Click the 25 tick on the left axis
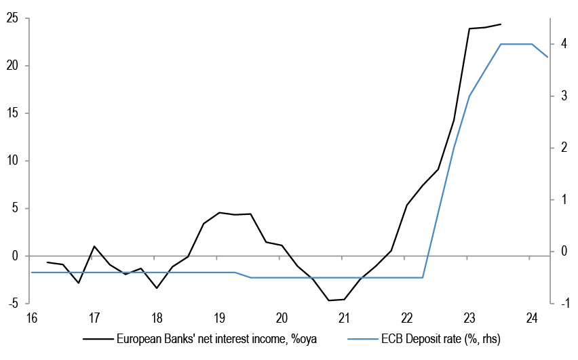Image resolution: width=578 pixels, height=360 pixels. click(x=13, y=18)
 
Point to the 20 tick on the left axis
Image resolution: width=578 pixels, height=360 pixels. click(x=13, y=66)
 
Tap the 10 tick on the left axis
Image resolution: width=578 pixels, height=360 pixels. click(x=13, y=161)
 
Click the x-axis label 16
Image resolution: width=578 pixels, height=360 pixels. click(x=31, y=317)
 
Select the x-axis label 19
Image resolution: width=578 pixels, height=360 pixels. click(x=219, y=317)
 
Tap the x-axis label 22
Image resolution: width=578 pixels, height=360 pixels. click(x=407, y=317)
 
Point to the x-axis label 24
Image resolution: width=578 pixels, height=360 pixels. click(x=532, y=317)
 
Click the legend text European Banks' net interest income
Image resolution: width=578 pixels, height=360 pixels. click(x=218, y=338)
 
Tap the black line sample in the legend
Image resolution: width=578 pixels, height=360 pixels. click(x=96, y=338)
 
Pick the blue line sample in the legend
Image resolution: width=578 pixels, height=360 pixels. click(x=365, y=338)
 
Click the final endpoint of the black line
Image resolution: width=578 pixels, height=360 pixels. click(x=501, y=24)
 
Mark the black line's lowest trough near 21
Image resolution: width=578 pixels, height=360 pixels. click(x=329, y=300)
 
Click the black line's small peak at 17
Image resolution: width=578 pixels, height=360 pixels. click(x=94, y=246)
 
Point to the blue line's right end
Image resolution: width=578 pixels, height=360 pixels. click(x=547, y=57)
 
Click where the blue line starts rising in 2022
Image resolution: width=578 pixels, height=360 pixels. click(x=423, y=277)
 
